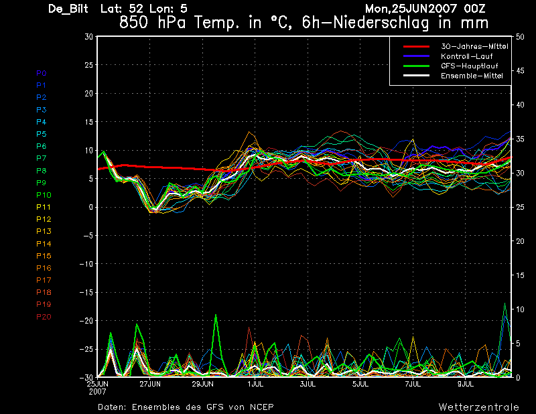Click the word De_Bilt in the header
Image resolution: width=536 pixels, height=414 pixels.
coord(70,9)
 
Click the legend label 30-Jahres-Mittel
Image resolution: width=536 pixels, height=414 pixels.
coord(474,46)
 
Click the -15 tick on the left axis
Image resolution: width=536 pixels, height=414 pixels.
coord(86,293)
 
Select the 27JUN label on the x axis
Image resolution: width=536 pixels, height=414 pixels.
coord(149,384)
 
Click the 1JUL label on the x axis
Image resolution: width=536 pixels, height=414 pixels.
coord(255,384)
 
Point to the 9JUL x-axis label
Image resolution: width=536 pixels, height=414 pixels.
coord(466,384)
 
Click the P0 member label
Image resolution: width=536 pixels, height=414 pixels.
coord(42,72)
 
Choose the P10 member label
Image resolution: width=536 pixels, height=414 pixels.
coord(44,195)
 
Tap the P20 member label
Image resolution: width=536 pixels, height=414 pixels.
coord(44,317)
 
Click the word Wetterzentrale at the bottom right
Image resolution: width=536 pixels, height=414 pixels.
coord(478,407)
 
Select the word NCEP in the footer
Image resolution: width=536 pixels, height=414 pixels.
coord(259,407)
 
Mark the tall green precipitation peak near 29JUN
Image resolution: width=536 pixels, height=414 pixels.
coord(216,316)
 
